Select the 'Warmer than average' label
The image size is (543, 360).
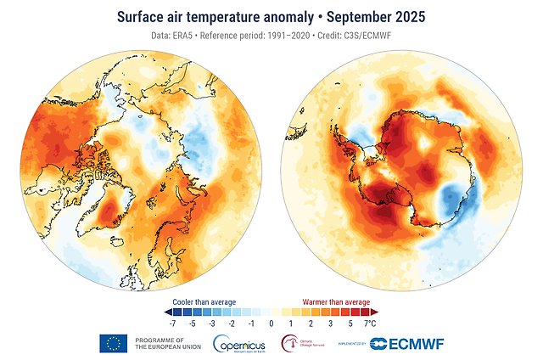click(337, 301)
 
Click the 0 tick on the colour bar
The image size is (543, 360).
click(271, 323)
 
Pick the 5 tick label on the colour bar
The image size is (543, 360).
click(350, 323)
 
